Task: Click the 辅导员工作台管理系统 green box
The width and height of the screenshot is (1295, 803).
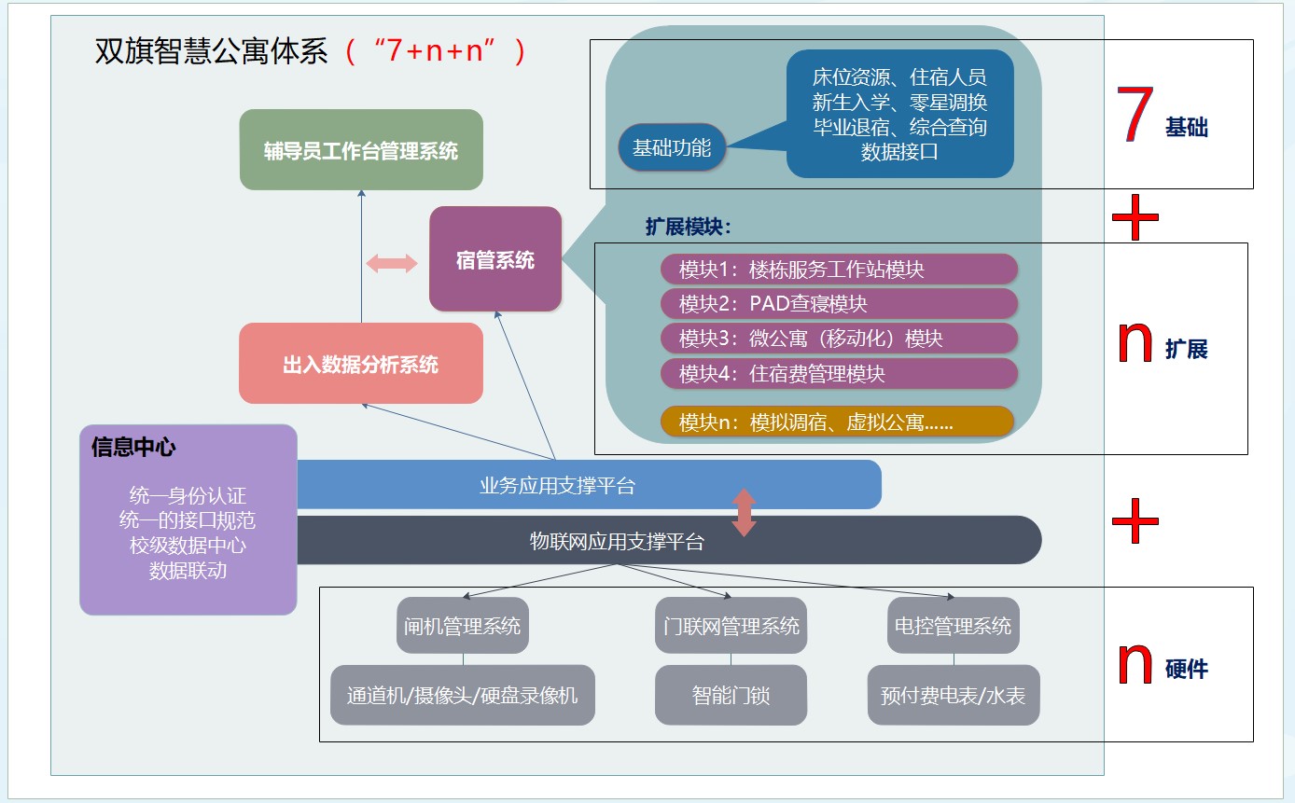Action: point(361,150)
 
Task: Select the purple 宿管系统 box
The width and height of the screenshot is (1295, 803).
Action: point(495,259)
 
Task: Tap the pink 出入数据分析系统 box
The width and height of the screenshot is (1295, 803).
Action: point(361,364)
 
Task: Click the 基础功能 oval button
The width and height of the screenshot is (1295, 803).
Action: point(672,147)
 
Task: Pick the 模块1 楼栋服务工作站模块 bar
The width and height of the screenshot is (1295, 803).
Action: point(839,270)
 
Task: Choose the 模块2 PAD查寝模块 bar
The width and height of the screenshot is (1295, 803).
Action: point(839,304)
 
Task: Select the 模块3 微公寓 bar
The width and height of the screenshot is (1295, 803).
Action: point(839,339)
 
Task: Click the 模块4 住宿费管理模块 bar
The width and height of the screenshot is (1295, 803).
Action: point(839,373)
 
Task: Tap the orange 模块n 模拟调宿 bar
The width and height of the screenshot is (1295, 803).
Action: point(837,422)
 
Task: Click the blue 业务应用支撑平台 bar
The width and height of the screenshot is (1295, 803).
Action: point(588,485)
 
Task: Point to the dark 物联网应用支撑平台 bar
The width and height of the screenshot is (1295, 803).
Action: point(668,540)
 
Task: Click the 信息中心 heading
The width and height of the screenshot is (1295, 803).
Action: point(133,447)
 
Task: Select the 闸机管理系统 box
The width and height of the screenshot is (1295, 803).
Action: point(463,625)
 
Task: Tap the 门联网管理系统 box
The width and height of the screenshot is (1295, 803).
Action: point(731,625)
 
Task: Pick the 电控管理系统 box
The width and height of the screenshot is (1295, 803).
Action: point(953,625)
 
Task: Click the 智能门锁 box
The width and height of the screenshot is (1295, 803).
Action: point(731,695)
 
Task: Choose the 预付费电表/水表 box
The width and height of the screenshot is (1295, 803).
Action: point(953,695)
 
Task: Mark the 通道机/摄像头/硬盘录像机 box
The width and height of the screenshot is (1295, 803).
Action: point(463,695)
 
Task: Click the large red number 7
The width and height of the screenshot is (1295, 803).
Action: point(1135,117)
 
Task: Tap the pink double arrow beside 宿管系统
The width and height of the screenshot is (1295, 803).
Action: point(392,264)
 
